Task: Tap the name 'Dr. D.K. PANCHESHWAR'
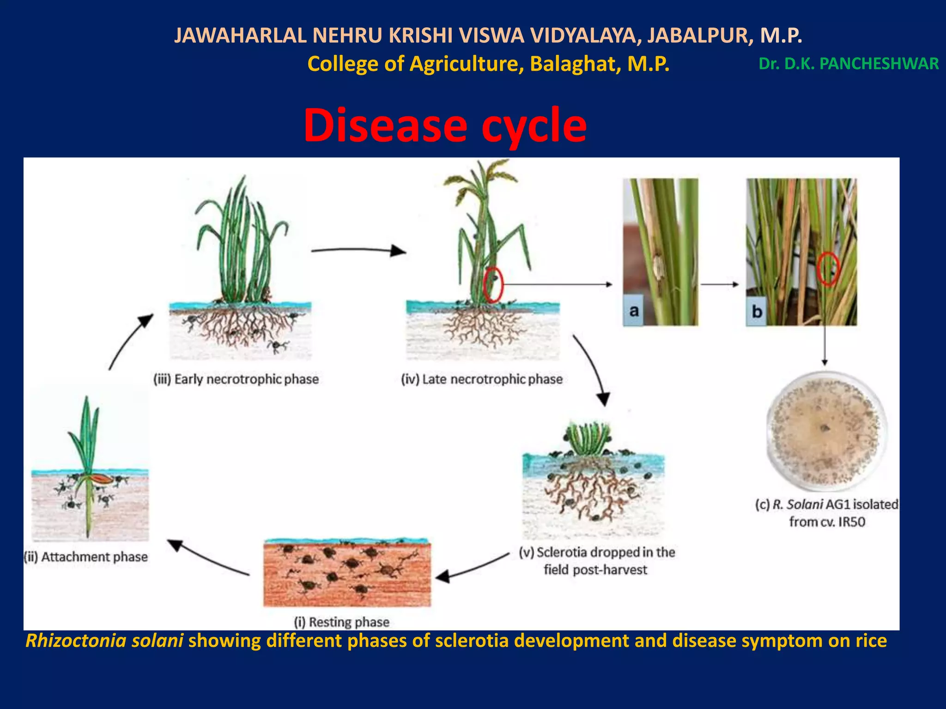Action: click(x=848, y=64)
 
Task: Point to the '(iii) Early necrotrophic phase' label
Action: click(x=236, y=379)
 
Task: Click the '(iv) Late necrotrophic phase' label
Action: click(x=482, y=379)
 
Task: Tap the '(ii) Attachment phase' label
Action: click(x=86, y=557)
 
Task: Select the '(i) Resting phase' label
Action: click(x=342, y=622)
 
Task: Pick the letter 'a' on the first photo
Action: click(x=634, y=311)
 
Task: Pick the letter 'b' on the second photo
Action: click(x=757, y=312)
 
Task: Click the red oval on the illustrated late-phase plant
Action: click(x=493, y=285)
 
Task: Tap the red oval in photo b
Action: click(x=828, y=269)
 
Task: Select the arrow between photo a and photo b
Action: click(x=720, y=284)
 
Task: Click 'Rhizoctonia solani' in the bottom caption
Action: click(x=104, y=641)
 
